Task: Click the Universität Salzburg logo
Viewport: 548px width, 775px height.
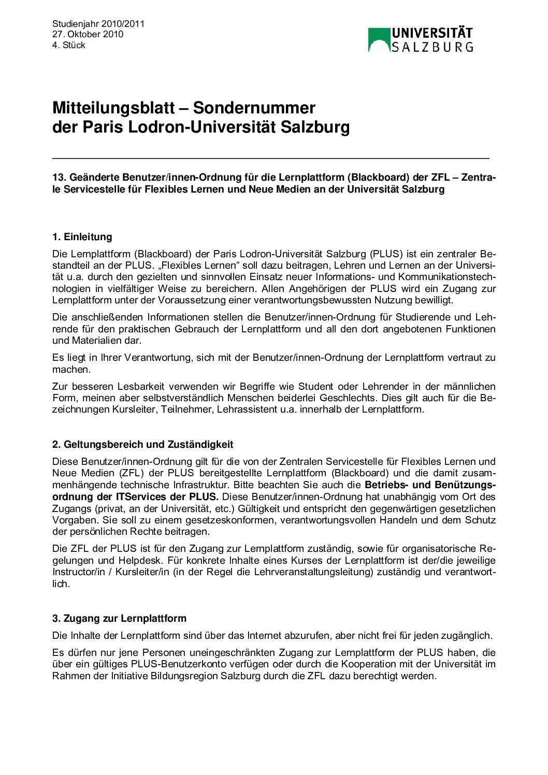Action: point(420,39)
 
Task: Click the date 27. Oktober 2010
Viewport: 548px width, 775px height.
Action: point(88,34)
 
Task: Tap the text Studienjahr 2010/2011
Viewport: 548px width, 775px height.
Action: point(98,23)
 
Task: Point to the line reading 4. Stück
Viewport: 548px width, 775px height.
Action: point(68,45)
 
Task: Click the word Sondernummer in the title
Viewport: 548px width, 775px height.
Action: point(254,108)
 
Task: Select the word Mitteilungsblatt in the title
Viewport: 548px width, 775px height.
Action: point(113,108)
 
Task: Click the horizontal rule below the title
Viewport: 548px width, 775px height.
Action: point(270,157)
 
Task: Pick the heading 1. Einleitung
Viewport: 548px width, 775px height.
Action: point(82,237)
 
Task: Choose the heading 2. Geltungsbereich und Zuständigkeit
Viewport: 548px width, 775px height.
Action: point(142,444)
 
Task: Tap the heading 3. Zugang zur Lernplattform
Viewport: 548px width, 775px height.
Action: point(119,618)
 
